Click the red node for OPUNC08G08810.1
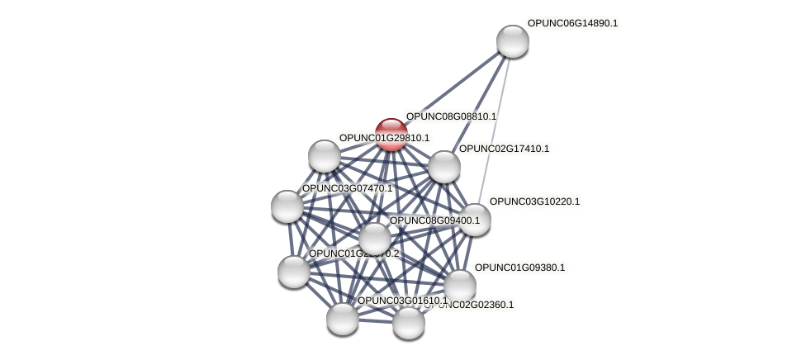point(391,134)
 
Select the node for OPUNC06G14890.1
point(512,41)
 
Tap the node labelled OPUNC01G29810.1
point(325,155)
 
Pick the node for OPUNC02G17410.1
point(443,167)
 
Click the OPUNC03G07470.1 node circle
point(287,206)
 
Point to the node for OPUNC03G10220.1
point(474,220)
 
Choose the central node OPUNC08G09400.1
point(374,239)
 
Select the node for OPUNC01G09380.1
point(459,286)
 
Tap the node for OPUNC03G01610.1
point(342,318)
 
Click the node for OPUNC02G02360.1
point(408,322)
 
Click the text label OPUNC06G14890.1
point(572,23)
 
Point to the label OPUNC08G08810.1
point(451,116)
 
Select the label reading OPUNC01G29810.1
point(384,138)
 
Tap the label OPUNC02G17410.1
point(504,149)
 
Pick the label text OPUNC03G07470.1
point(347,188)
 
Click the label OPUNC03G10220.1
point(534,201)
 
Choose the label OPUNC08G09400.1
point(434,220)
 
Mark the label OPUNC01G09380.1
point(519,268)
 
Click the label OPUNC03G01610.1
point(402,301)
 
